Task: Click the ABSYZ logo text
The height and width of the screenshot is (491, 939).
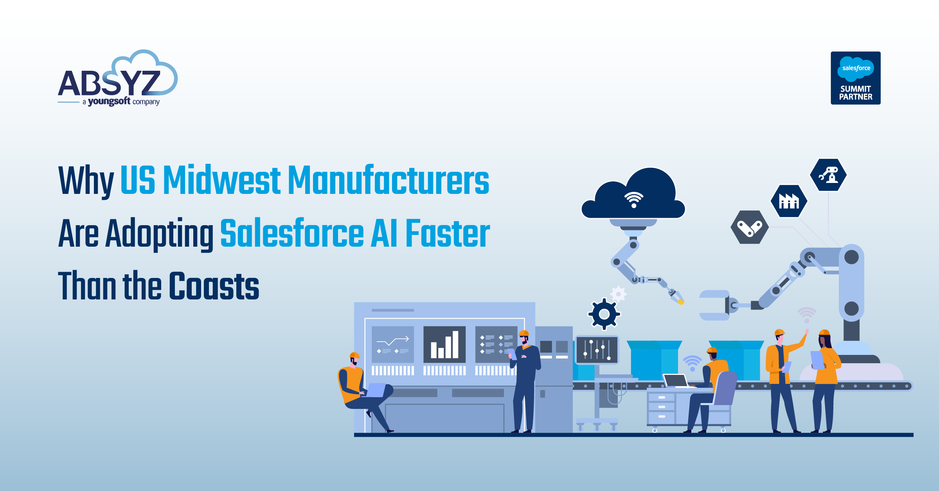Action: [x=109, y=83]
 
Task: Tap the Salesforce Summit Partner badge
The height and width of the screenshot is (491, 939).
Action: [x=855, y=78]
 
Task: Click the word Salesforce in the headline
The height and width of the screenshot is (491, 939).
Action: [x=292, y=233]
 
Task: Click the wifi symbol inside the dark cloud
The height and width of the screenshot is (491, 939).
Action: [x=633, y=199]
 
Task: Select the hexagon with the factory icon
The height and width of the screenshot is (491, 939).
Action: [x=789, y=201]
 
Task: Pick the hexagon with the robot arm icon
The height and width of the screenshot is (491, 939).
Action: [x=828, y=175]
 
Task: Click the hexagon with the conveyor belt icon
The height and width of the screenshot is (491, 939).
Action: [x=749, y=228]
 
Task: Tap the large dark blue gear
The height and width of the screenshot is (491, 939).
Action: [x=604, y=314]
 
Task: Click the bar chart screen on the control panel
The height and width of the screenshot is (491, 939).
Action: [x=444, y=344]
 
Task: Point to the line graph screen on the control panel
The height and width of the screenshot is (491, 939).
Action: [x=392, y=344]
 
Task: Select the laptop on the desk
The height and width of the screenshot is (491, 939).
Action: [x=676, y=380]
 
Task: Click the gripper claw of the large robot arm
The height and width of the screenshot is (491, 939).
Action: [x=715, y=305]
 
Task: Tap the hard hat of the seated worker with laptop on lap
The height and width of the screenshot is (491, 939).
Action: [x=354, y=355]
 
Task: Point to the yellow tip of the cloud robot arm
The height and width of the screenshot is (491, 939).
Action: [x=681, y=302]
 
